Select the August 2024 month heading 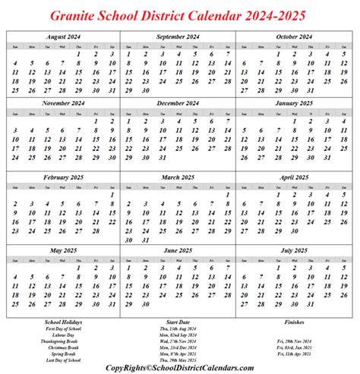click(x=63, y=36)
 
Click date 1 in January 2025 click(x=295, y=121)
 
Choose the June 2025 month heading click(x=178, y=250)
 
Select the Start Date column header click(x=177, y=322)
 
